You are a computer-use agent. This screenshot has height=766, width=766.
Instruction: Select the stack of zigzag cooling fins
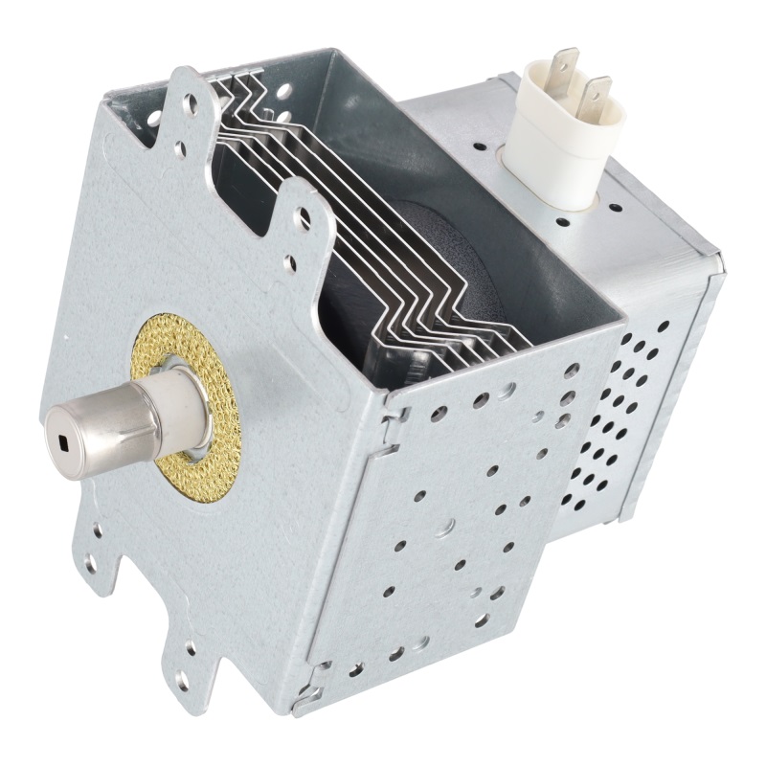tap(383, 230)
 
